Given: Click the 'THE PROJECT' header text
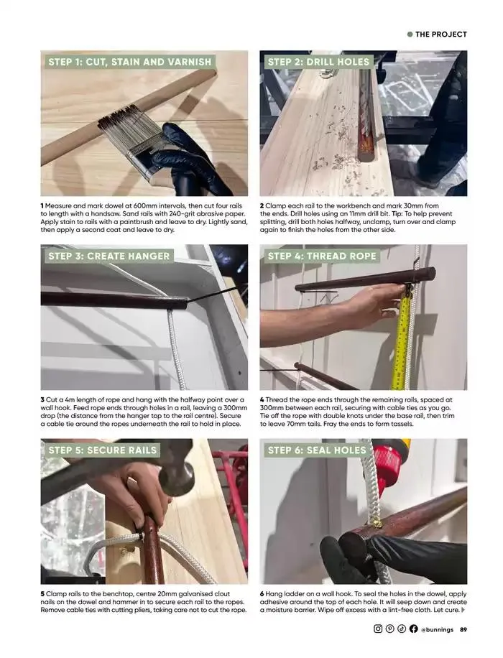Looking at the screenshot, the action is [441, 34].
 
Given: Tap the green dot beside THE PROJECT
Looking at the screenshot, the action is [410, 34].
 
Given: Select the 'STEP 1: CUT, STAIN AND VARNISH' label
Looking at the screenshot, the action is [130, 62].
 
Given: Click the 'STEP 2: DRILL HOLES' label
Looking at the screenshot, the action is [318, 62].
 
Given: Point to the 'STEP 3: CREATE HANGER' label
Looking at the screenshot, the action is [109, 256].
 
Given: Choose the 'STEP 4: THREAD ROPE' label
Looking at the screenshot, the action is [322, 256].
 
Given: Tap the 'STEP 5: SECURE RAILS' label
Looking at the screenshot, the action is [103, 450].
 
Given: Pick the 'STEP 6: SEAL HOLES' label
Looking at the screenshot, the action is [317, 450].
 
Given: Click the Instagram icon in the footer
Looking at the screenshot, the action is [378, 629].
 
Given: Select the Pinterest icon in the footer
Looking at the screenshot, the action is [390, 629].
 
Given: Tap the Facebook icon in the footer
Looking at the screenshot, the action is [414, 629].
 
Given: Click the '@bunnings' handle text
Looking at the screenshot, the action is [437, 629].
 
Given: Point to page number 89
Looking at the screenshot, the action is [463, 629].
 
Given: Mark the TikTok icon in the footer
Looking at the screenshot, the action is [402, 629].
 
